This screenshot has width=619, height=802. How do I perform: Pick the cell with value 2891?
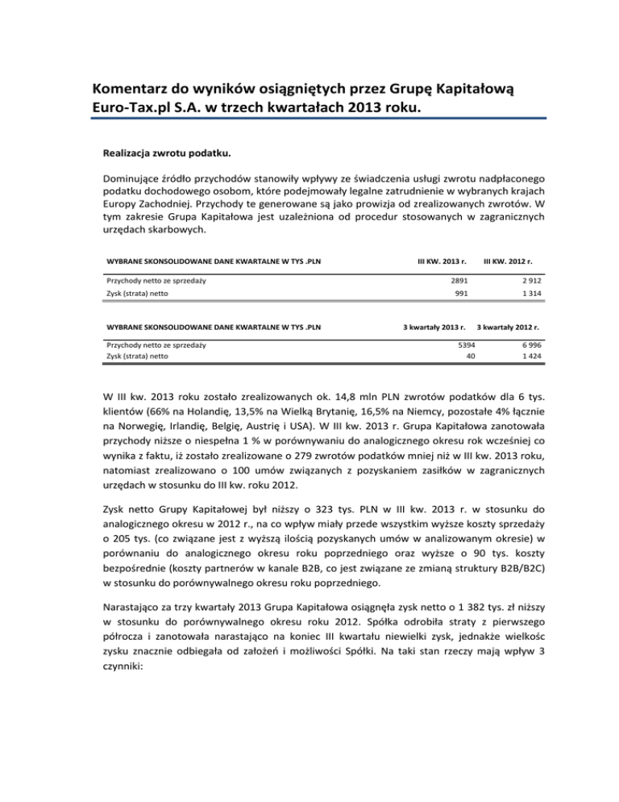click(457, 279)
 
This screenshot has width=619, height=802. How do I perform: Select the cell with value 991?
click(460, 295)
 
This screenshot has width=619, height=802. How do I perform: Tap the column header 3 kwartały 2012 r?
click(508, 328)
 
